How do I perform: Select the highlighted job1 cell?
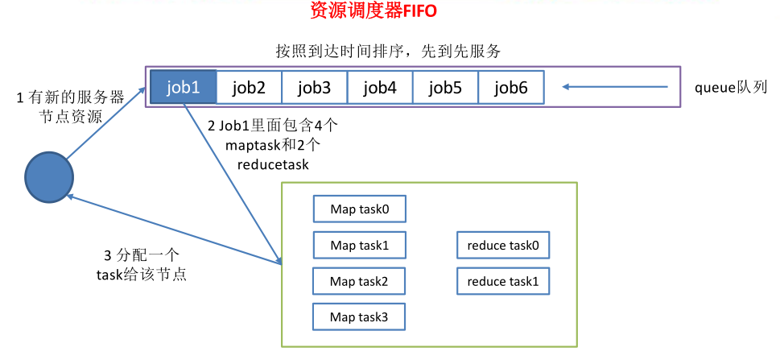pyautogui.click(x=183, y=87)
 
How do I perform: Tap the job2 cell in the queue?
pyautogui.click(x=249, y=87)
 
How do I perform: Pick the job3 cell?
pyautogui.click(x=314, y=87)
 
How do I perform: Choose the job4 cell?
pyautogui.click(x=380, y=87)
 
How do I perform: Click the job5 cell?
pyautogui.click(x=445, y=87)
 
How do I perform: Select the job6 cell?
pyautogui.click(x=511, y=87)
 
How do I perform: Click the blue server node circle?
pyautogui.click(x=49, y=176)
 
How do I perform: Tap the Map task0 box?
pyautogui.click(x=359, y=209)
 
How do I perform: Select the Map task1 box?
pyautogui.click(x=359, y=245)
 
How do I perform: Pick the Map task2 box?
pyautogui.click(x=359, y=281)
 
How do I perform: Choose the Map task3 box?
pyautogui.click(x=359, y=317)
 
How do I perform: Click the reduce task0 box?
pyautogui.click(x=503, y=245)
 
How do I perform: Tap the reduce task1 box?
pyautogui.click(x=503, y=281)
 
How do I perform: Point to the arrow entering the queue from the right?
pyautogui.click(x=616, y=87)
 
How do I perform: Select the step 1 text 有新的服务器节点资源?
pyautogui.click(x=70, y=107)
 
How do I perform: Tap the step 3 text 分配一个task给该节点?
pyautogui.click(x=136, y=265)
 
